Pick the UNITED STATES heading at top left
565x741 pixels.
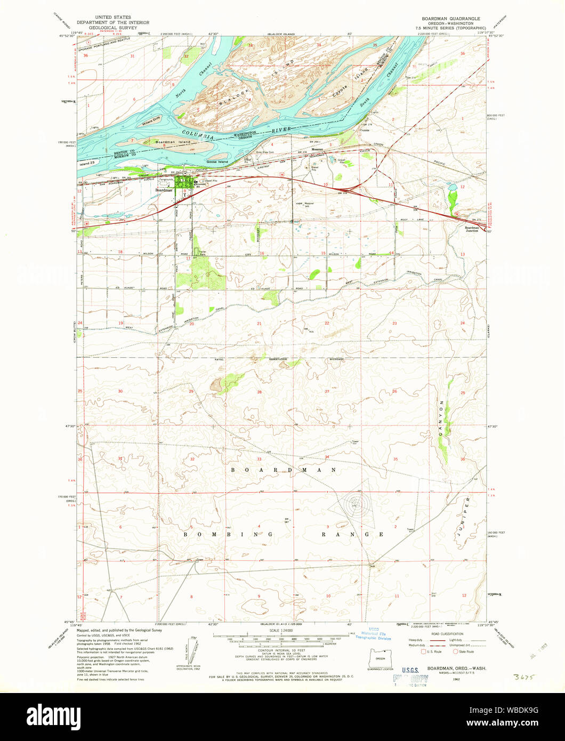[x=112, y=18]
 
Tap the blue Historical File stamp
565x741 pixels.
[x=382, y=633]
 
